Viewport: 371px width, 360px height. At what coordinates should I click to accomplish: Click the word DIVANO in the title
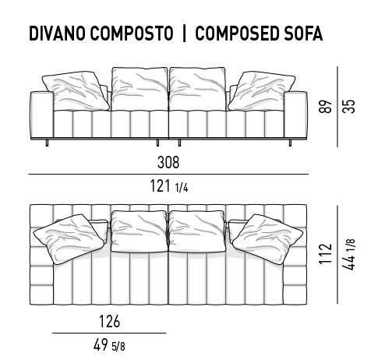(57, 34)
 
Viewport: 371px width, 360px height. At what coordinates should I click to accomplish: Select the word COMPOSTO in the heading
(132, 34)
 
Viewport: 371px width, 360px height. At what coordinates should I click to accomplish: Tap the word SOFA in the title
(303, 34)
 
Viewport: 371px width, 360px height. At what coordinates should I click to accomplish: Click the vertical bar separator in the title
(184, 34)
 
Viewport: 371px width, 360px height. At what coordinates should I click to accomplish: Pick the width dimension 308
(168, 162)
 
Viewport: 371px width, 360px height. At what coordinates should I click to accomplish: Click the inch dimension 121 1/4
(169, 186)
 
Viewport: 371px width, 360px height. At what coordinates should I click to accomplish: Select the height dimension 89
(325, 106)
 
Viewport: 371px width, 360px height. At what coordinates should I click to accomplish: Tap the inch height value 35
(348, 106)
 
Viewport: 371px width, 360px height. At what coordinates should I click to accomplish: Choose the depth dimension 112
(325, 254)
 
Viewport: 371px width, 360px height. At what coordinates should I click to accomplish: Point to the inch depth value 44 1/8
(348, 254)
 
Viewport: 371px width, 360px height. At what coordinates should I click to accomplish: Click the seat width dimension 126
(110, 321)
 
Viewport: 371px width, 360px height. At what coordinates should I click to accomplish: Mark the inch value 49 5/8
(109, 345)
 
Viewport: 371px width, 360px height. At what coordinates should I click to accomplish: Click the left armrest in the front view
(42, 115)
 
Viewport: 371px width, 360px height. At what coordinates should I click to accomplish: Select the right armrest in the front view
(295, 115)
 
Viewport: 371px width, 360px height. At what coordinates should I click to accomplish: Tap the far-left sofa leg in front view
(47, 143)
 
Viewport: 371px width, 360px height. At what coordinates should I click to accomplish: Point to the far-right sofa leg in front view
(290, 143)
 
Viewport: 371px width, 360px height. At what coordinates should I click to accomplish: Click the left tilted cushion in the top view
(69, 239)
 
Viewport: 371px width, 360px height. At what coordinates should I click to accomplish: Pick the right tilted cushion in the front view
(262, 91)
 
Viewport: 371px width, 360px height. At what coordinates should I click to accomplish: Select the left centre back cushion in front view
(140, 89)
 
